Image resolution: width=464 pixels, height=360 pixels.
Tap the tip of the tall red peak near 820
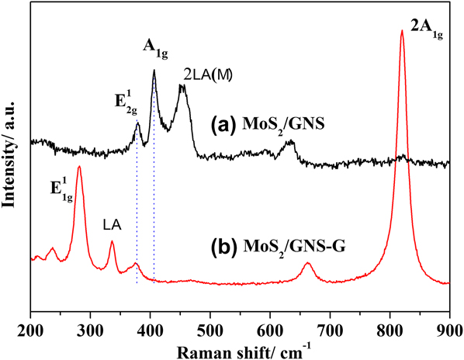402,31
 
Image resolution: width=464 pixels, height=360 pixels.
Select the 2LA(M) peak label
209,74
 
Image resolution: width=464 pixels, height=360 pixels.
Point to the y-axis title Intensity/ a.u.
10,155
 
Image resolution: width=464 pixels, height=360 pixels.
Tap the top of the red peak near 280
79,167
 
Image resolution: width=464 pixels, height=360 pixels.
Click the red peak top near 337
112,241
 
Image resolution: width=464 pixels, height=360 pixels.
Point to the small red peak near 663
308,264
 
